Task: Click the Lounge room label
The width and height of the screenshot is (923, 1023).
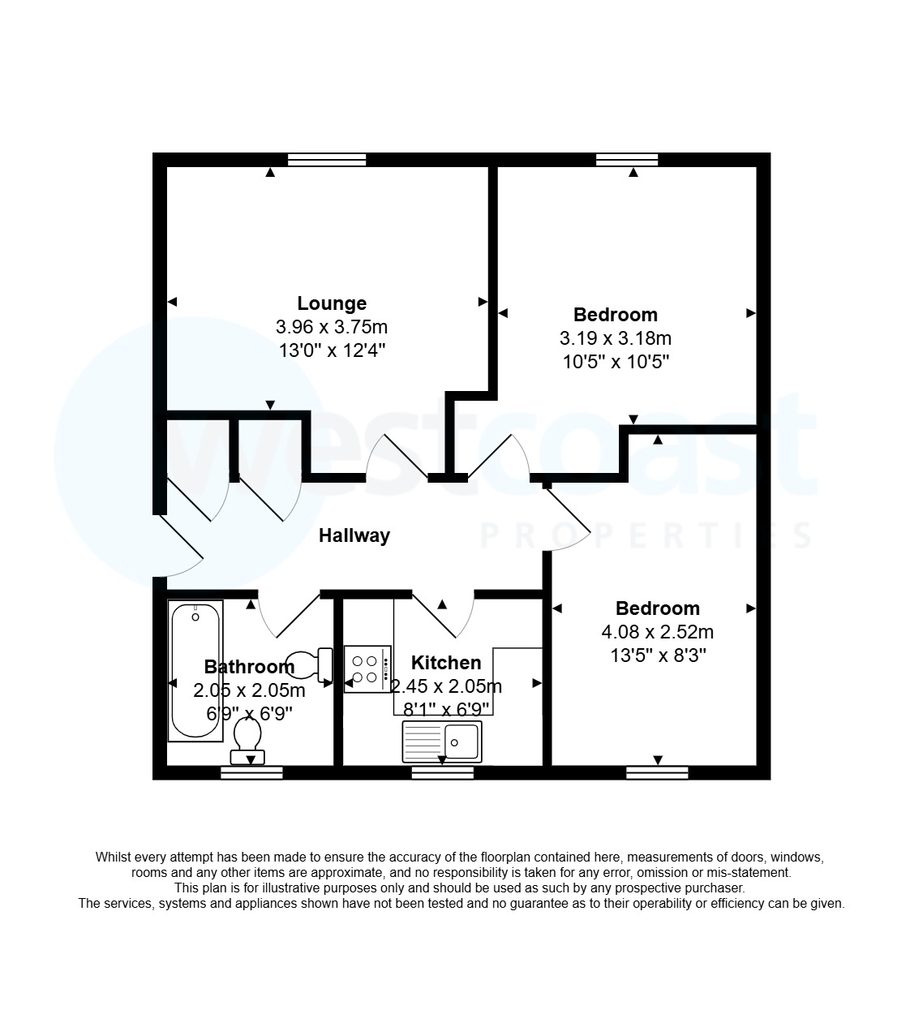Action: tap(332, 303)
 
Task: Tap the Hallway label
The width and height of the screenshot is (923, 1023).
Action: tap(354, 535)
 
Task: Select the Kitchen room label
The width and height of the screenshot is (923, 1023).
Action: tap(445, 663)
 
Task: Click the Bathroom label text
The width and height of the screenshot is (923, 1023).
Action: tap(249, 667)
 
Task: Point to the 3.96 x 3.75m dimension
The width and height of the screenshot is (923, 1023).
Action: tap(332, 327)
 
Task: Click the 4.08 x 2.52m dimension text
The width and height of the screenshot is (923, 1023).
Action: tap(657, 631)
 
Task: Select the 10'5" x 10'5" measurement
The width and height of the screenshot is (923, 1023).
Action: tap(615, 362)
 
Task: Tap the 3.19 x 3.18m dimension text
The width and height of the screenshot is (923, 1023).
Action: tap(615, 338)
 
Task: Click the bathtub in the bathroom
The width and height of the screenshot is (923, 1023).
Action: tap(195, 670)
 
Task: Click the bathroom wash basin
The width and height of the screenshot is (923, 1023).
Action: tap(311, 664)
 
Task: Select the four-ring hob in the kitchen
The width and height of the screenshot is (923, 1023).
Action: tap(367, 669)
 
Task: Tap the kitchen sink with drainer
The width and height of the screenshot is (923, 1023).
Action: tap(442, 741)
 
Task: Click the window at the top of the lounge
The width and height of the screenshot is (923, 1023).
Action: tap(327, 160)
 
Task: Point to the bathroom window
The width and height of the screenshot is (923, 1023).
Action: tap(251, 773)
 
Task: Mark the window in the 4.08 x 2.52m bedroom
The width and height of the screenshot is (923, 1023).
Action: tap(657, 773)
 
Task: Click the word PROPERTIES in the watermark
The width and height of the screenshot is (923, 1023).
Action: tap(646, 535)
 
